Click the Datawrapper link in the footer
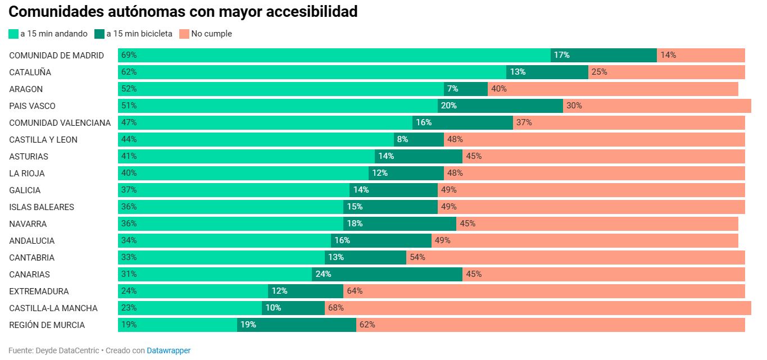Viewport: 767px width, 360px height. [x=169, y=350]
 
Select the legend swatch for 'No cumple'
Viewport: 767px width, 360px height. [x=184, y=34]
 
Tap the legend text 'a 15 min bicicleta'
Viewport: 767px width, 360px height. [x=139, y=34]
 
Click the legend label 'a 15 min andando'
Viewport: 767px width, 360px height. [x=54, y=34]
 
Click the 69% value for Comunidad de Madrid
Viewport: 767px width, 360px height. [x=129, y=55]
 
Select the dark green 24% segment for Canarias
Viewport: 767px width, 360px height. [x=387, y=274]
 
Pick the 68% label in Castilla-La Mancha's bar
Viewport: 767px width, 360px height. [x=336, y=308]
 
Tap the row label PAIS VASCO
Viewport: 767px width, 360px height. [x=33, y=106]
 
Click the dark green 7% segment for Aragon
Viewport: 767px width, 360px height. [x=466, y=89]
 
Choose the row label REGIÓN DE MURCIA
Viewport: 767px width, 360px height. [x=47, y=325]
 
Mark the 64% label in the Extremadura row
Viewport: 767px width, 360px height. [x=355, y=291]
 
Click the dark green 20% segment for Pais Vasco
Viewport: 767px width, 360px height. [x=500, y=106]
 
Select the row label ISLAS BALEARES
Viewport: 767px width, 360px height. [x=42, y=207]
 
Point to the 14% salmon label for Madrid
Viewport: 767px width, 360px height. [x=668, y=55]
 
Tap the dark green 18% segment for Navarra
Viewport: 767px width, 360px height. [x=400, y=224]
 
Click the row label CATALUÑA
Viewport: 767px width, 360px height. [x=30, y=72]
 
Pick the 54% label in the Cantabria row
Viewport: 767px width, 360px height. [x=417, y=257]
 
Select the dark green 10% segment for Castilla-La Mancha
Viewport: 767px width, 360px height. [x=293, y=308]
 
